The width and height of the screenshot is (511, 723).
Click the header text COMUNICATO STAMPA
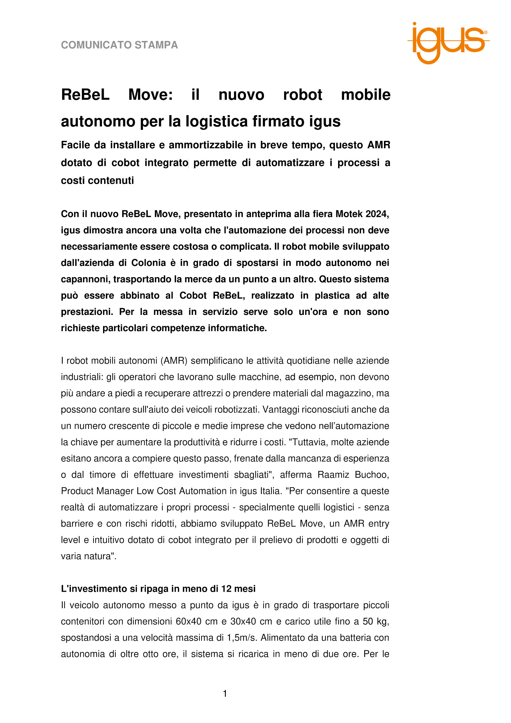click(x=119, y=45)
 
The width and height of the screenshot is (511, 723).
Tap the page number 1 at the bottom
click(x=225, y=694)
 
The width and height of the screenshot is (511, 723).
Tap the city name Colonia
click(x=149, y=263)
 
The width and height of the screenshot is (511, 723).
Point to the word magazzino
click(x=356, y=393)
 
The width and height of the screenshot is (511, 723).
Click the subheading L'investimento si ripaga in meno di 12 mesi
click(x=158, y=589)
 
